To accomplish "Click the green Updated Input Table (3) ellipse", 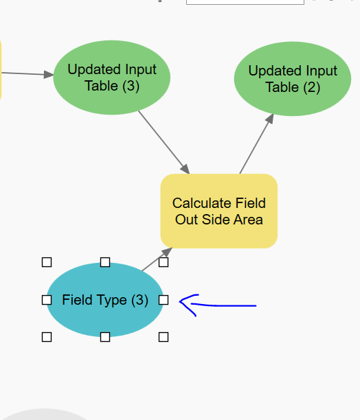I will [x=111, y=78].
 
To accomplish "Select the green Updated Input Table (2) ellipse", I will [x=293, y=79].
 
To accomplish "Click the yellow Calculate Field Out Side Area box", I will [x=219, y=211].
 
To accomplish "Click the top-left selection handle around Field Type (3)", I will [x=47, y=262].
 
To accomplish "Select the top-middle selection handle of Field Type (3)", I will [x=105, y=262].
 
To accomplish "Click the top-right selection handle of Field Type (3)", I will [x=164, y=262].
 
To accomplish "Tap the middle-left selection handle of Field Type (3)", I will [x=47, y=300].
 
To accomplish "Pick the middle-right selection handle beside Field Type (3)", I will [x=164, y=300].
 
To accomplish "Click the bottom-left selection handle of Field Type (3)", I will [x=47, y=337].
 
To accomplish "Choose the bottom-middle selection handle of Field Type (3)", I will [x=105, y=337].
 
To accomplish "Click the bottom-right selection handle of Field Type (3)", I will [x=164, y=337].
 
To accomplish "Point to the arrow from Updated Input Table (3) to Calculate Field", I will [x=163, y=141].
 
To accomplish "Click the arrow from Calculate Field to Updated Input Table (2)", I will [x=256, y=144].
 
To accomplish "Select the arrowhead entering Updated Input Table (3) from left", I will [x=48, y=75].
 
